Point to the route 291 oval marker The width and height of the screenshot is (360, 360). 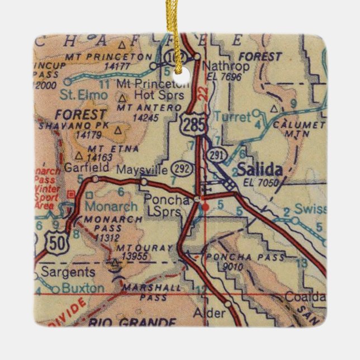[x=214, y=154]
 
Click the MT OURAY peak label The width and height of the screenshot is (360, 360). [x=136, y=246]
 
